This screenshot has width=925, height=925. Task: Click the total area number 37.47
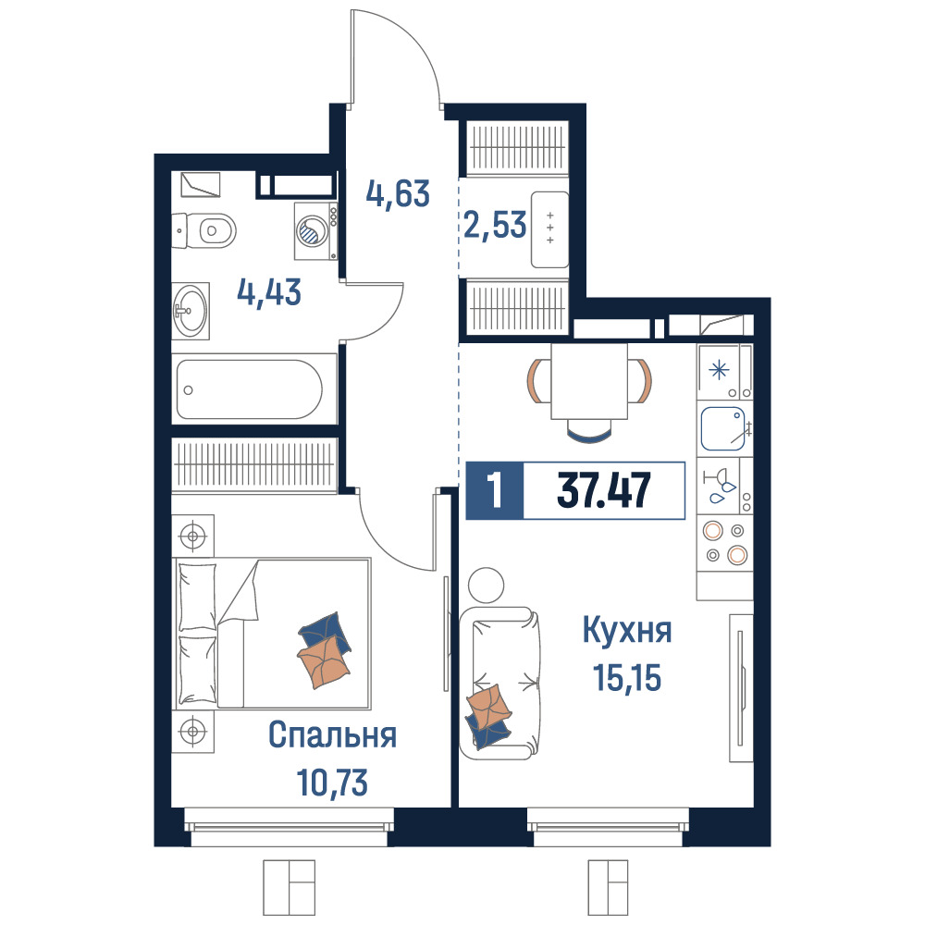(603, 490)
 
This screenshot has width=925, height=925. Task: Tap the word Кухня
(627, 630)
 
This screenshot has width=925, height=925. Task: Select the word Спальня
(332, 735)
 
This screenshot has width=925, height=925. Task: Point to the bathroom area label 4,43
(269, 292)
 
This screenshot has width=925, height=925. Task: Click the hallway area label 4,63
(398, 193)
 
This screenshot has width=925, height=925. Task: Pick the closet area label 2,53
(495, 225)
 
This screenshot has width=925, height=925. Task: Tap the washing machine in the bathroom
(316, 230)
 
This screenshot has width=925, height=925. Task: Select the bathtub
(254, 388)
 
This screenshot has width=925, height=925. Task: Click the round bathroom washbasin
(191, 310)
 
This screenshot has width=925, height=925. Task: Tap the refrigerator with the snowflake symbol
(725, 372)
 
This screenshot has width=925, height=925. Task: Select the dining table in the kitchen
(589, 381)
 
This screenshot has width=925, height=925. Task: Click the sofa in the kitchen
(500, 684)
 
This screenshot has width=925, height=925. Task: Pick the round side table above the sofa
(487, 586)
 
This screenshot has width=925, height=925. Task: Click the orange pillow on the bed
(324, 662)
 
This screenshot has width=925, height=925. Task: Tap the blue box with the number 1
(494, 490)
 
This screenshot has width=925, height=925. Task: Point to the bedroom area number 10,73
(332, 783)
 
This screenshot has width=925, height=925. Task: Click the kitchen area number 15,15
(627, 677)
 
